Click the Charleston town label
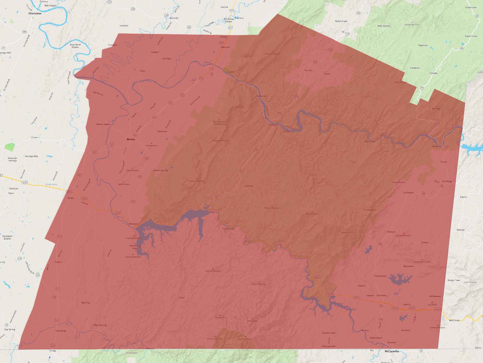point(35,13)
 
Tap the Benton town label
point(131,139)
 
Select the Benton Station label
point(103,124)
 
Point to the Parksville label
point(133,224)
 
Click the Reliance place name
point(274,125)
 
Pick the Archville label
point(249,186)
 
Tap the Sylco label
point(182,298)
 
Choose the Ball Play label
point(86,303)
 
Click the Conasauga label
point(61,331)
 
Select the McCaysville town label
point(392,351)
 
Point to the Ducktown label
point(381,295)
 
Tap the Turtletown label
point(408,193)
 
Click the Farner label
point(444,162)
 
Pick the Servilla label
point(308,70)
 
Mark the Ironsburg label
point(415,68)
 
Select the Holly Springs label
point(384,26)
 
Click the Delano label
point(224,37)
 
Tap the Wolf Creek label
point(454,320)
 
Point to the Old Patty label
point(167,59)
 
